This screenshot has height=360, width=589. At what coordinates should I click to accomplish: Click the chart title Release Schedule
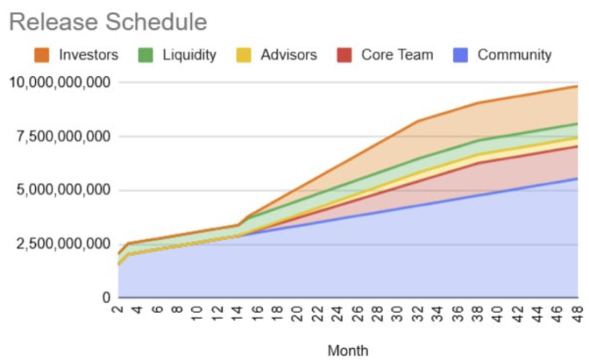(107, 22)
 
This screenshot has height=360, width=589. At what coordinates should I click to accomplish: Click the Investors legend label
(88, 55)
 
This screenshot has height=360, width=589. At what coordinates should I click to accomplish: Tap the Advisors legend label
(289, 55)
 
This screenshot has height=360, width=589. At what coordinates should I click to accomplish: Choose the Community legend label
(514, 55)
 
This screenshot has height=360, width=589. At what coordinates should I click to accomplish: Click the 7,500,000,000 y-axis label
(60, 136)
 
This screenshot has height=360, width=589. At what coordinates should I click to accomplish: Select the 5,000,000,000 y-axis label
(60, 190)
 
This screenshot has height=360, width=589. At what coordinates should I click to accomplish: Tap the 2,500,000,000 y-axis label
(60, 244)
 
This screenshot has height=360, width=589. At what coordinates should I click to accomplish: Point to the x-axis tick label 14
(239, 311)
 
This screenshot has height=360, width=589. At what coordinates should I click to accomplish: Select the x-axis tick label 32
(419, 311)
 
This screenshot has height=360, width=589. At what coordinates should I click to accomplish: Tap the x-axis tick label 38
(479, 311)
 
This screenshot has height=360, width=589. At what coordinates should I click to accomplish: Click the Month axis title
(347, 351)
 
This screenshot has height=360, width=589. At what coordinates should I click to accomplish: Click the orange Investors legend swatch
(42, 55)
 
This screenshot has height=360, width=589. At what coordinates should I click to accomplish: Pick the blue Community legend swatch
(462, 55)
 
